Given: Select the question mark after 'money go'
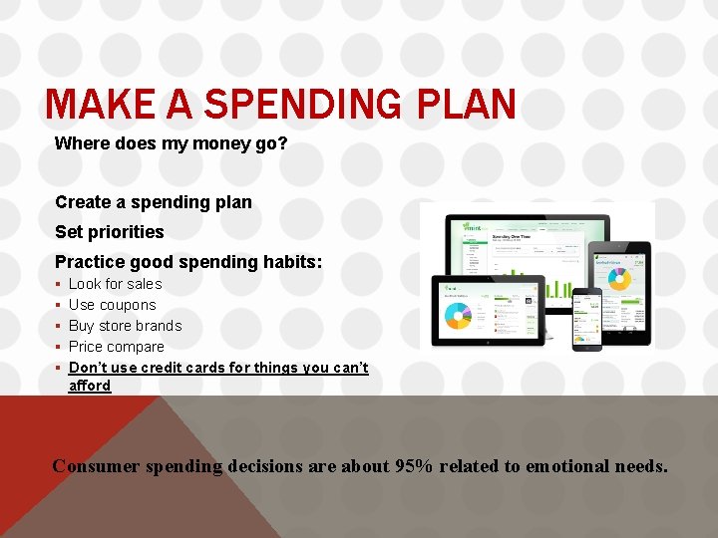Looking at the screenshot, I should pyautogui.click(x=283, y=143).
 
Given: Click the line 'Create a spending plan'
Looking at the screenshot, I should pyautogui.click(x=154, y=202).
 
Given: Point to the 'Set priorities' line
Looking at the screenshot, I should pyautogui.click(x=110, y=232).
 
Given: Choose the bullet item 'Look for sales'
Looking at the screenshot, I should pyautogui.click(x=115, y=284).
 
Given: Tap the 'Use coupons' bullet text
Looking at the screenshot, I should pyautogui.click(x=112, y=305).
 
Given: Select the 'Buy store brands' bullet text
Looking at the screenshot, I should pyautogui.click(x=125, y=326).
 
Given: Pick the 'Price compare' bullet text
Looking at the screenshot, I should pyautogui.click(x=116, y=347).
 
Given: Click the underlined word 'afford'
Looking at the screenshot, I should pyautogui.click(x=90, y=386).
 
